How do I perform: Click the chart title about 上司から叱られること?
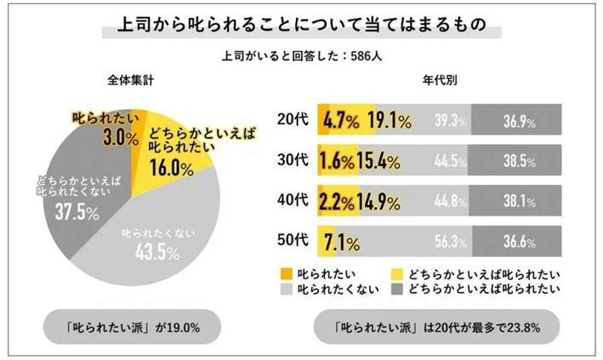[301, 27]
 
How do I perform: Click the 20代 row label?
[294, 122]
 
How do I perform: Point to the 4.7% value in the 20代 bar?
[344, 122]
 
